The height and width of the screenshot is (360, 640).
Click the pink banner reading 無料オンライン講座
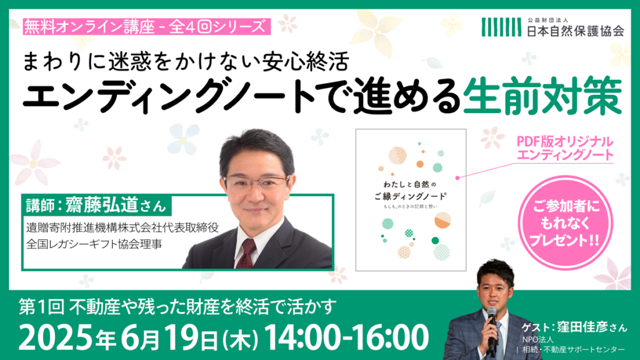coord(146,26)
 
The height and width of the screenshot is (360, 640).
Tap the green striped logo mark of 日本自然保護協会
coord(501,27)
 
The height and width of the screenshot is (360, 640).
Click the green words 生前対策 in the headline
coord(543,95)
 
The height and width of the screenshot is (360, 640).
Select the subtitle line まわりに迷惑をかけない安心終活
coord(186,62)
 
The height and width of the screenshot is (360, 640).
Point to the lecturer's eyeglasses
coord(257,182)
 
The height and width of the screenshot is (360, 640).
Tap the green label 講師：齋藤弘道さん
coord(97,205)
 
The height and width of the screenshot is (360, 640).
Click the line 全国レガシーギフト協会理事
coord(94,244)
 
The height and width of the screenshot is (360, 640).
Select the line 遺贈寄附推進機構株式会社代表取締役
coord(122,227)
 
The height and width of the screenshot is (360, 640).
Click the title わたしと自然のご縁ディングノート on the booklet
coord(411,190)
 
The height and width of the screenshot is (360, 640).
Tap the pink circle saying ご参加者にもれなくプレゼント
coord(566,223)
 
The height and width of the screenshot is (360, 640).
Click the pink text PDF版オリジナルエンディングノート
coord(565,149)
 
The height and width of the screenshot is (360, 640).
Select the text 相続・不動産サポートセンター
coord(574,349)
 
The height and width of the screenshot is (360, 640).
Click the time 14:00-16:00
coord(346,337)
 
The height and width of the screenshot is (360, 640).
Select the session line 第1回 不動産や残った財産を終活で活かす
coord(177,307)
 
